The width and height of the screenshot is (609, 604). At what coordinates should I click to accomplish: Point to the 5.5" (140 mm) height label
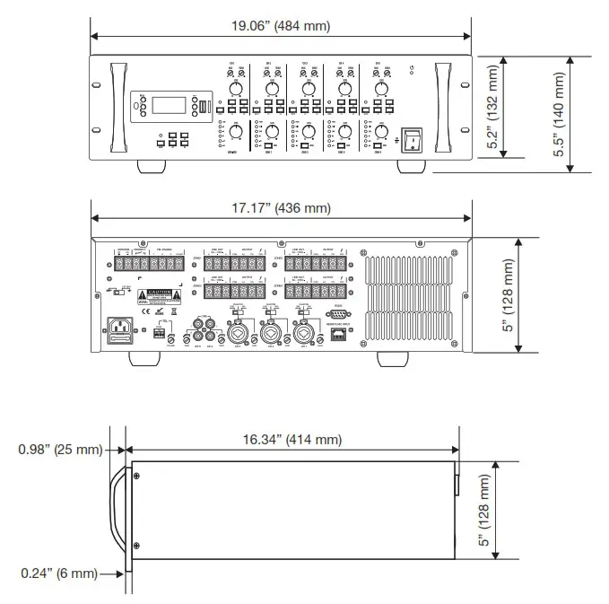(561, 115)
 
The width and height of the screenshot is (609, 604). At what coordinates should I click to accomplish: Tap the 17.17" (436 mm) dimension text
(281, 208)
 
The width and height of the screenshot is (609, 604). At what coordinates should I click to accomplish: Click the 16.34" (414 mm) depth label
(293, 440)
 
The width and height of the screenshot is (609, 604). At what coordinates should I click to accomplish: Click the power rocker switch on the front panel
(411, 139)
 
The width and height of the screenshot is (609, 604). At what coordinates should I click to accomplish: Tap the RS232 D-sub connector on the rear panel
(337, 314)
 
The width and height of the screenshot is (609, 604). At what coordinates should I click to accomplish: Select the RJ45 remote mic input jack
(337, 334)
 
